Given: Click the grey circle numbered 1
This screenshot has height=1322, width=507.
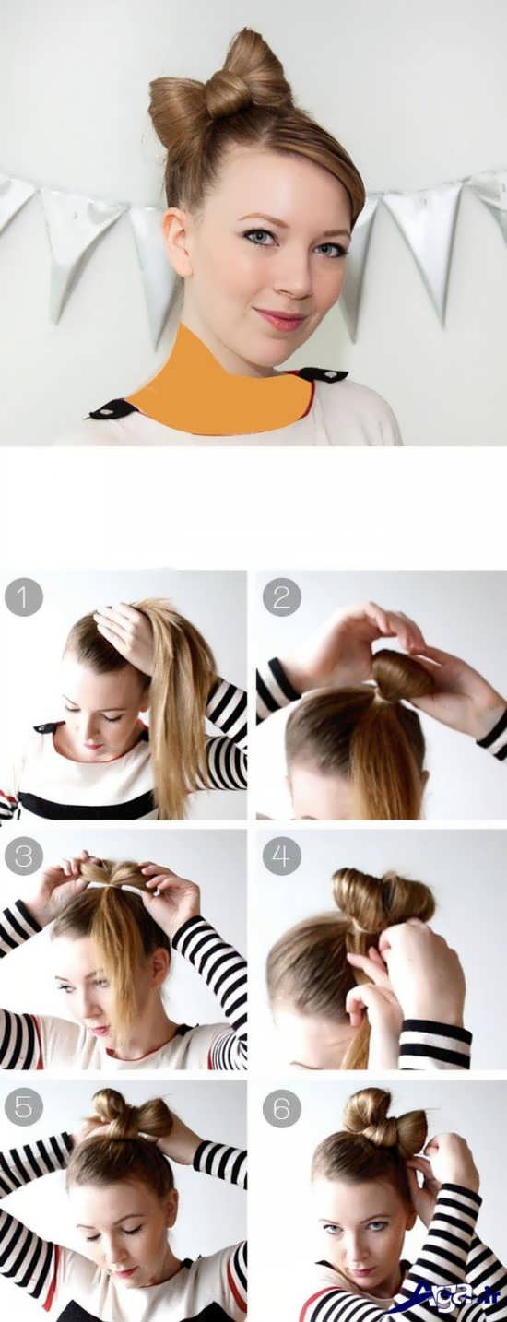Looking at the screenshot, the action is [x=24, y=598].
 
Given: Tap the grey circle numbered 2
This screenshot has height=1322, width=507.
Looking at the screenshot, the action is [x=281, y=598].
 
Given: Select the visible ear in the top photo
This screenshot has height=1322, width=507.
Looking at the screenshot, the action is [x=178, y=239].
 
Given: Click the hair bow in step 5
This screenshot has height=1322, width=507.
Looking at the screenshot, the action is [x=131, y=1115].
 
